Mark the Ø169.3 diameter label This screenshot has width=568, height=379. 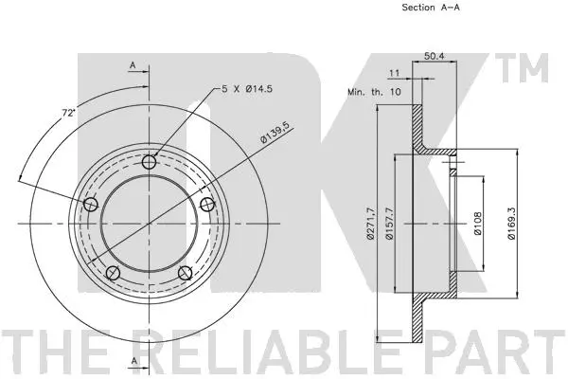[512, 223]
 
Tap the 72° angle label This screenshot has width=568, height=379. [69, 112]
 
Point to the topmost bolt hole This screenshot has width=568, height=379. [149, 163]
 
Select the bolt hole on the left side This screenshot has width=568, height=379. [91, 206]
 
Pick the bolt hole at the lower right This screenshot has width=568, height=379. [185, 274]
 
